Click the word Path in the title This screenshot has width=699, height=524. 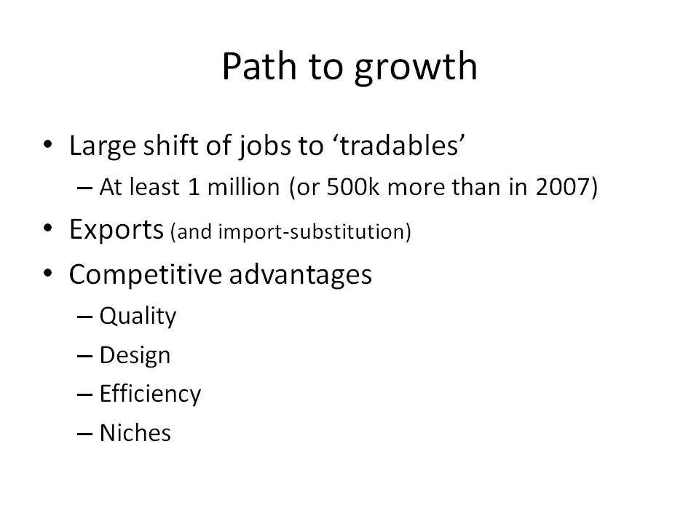(259, 66)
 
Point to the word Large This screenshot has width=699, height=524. (103, 146)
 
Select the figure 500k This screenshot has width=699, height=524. (352, 187)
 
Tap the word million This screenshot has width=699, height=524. (243, 187)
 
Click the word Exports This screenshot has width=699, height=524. (116, 230)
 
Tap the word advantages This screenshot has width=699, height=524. (301, 275)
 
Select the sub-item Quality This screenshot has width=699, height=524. (138, 317)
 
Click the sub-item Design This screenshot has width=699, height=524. (135, 356)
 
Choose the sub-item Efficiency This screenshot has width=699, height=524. (150, 394)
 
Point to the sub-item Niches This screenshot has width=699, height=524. (135, 433)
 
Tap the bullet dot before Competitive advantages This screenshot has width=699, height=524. (48, 273)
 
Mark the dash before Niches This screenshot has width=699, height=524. (84, 434)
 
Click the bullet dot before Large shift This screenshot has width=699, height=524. (48, 144)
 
